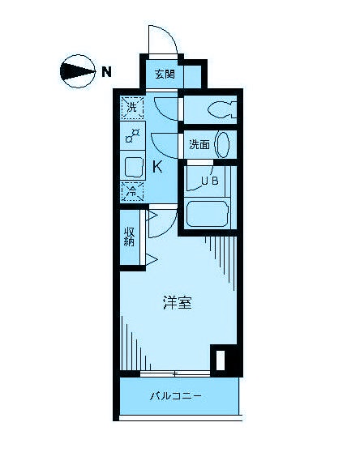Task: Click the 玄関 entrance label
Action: point(165,74)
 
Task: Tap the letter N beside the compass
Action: point(106,71)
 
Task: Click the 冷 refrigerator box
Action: point(131,191)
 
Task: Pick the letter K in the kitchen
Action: point(159,168)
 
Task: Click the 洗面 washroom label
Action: point(199,146)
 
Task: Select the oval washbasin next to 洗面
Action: point(222,145)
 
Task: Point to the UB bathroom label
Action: point(209,181)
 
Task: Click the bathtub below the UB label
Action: point(209,215)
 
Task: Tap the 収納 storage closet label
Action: point(130,237)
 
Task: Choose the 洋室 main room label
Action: point(177,304)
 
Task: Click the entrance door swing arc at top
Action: point(161,38)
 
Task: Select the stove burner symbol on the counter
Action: point(132,136)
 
